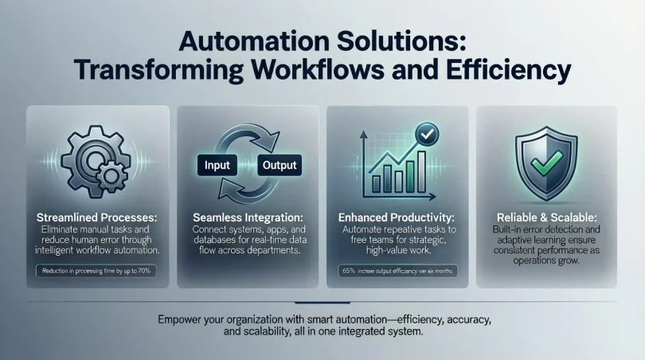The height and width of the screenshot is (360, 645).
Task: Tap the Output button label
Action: click(x=279, y=166)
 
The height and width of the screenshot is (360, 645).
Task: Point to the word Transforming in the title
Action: click(x=161, y=69)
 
